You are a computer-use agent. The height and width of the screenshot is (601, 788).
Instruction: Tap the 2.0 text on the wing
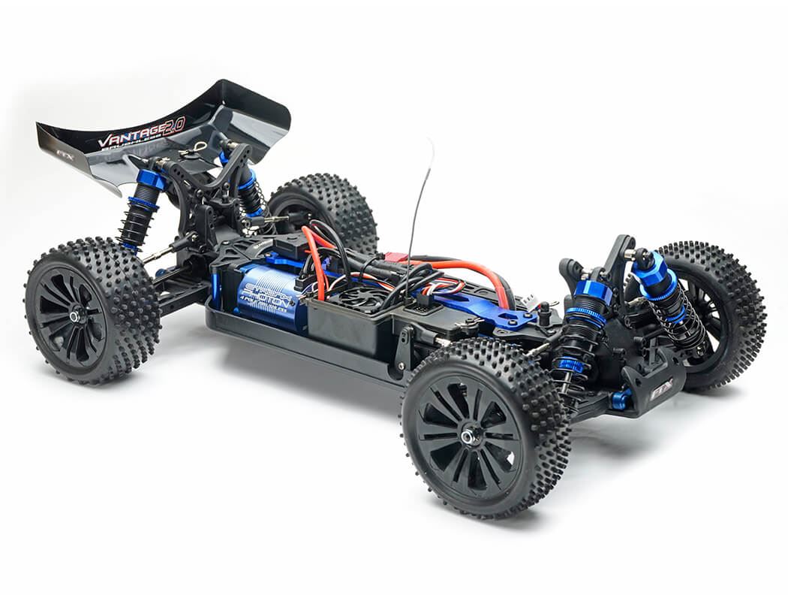tap(172, 125)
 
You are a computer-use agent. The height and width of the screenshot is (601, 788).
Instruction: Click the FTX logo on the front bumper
tap(661, 391)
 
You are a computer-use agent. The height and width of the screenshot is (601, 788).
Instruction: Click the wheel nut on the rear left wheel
tap(75, 316)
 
